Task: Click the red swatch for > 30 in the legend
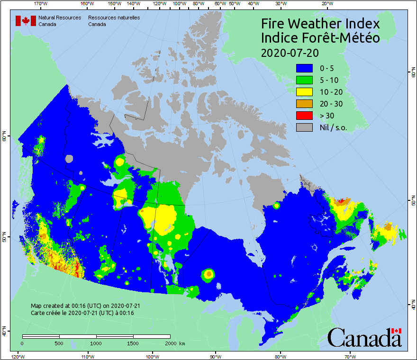point(304,116)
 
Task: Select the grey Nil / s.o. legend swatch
point(304,127)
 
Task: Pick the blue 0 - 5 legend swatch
point(304,68)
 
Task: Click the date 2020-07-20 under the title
point(290,52)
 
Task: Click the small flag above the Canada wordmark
point(396,331)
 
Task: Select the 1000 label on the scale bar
point(96,343)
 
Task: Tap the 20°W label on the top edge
point(326,4)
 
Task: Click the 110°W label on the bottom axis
point(87,356)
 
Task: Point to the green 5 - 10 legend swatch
point(304,80)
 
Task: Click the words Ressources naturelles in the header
point(114,18)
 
